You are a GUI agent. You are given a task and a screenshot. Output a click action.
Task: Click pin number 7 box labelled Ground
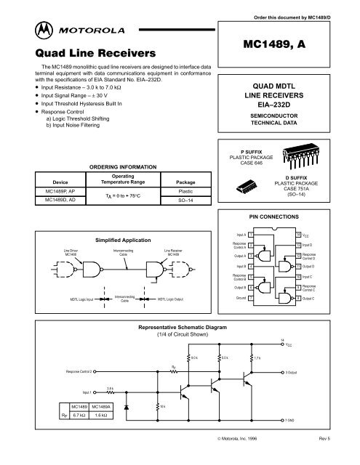click(251, 297)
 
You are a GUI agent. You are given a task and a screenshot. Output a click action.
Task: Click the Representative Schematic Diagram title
click(179, 328)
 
